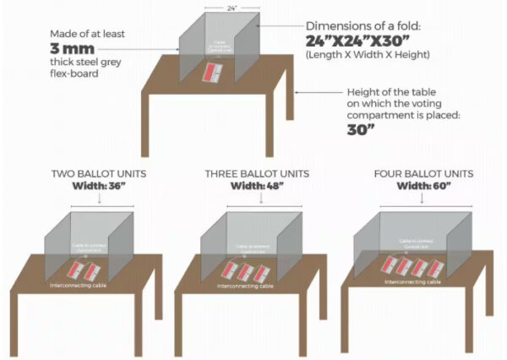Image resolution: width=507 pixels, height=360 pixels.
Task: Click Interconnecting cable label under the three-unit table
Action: pyautogui.click(x=244, y=286)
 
